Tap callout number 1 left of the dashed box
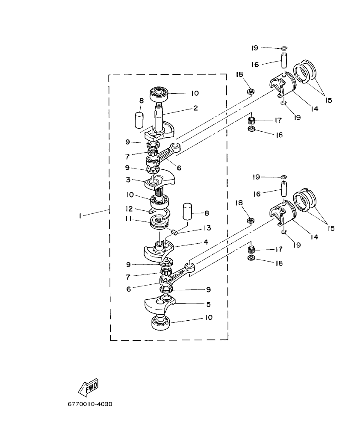(x=80, y=216)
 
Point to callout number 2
(x=195, y=108)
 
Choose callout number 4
(x=206, y=242)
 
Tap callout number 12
(x=128, y=209)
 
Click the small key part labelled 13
(x=174, y=232)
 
